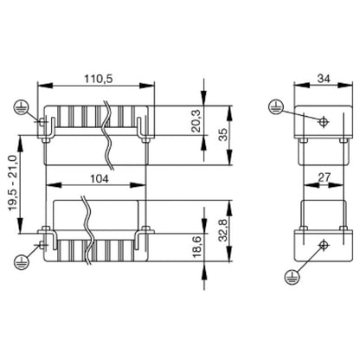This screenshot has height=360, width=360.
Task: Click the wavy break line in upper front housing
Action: (x=106, y=134)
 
